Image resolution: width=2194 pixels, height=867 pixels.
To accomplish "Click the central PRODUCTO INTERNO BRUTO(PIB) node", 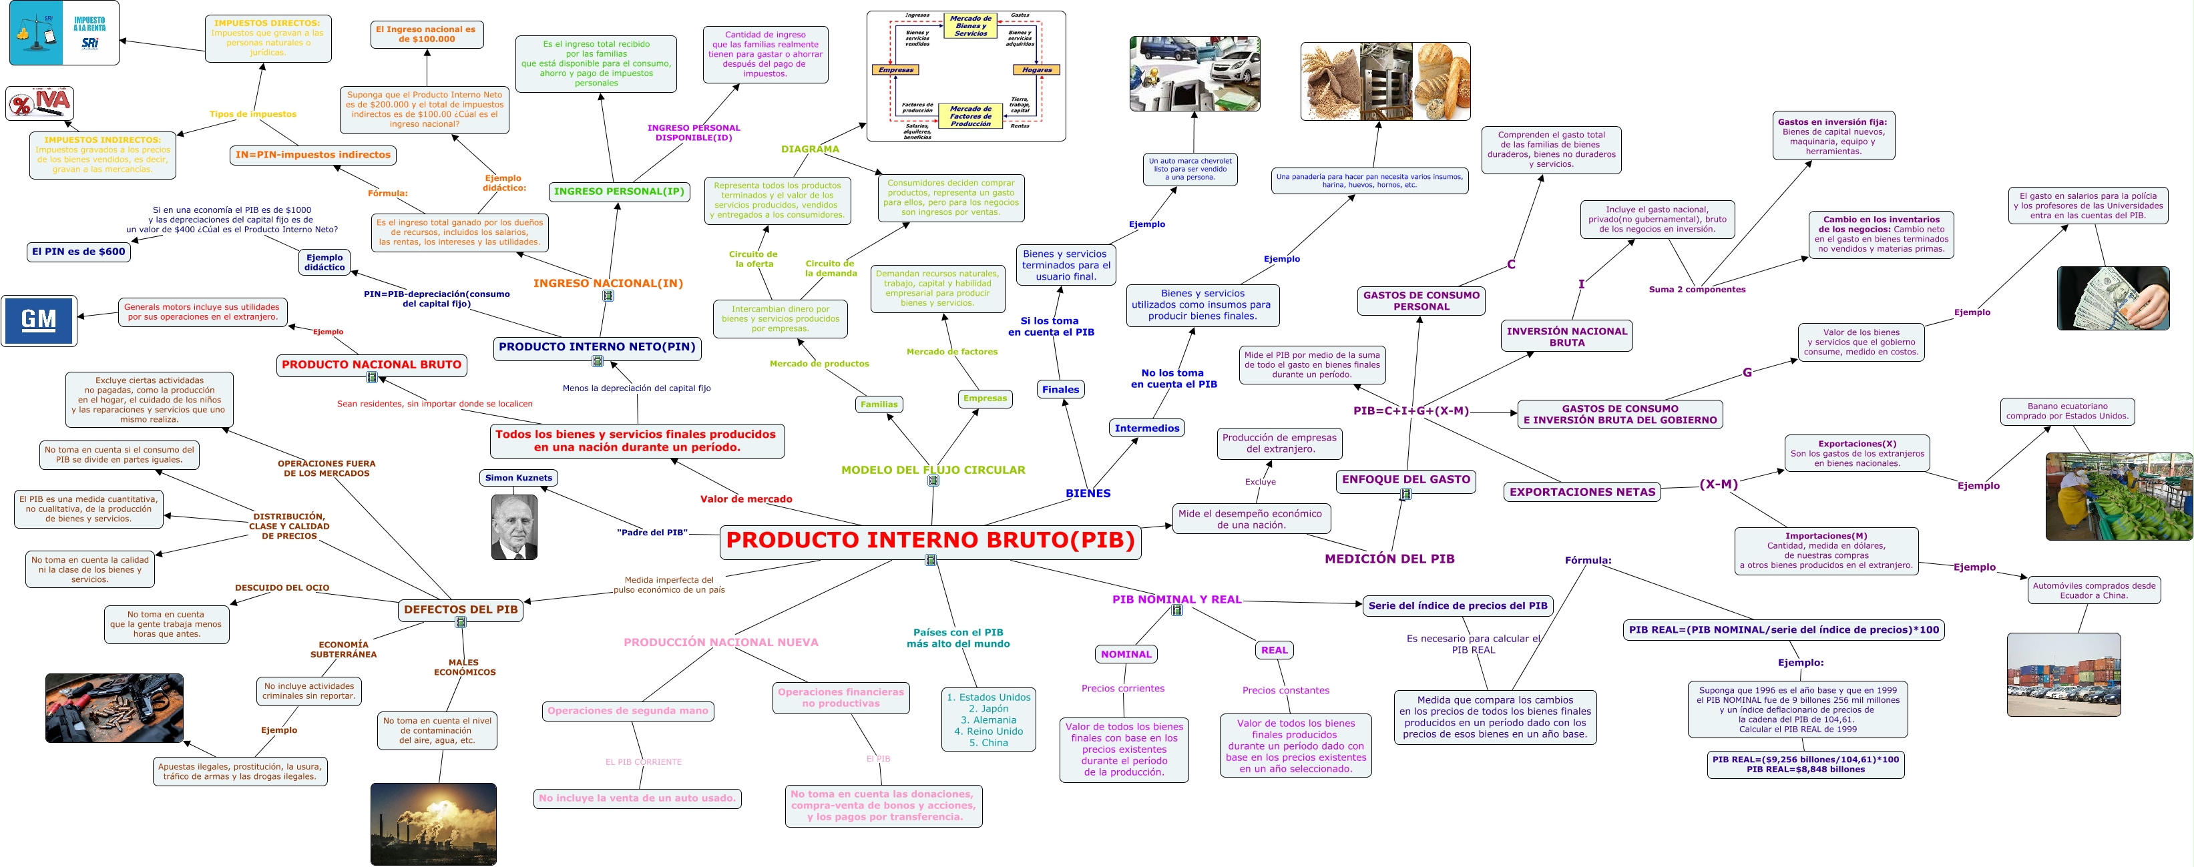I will (x=930, y=541).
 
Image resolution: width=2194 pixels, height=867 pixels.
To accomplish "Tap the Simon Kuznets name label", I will (x=518, y=478).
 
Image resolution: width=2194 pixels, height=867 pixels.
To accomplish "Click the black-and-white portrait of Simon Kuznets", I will (x=514, y=527).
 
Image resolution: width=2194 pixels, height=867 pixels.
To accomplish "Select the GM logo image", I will (x=39, y=320).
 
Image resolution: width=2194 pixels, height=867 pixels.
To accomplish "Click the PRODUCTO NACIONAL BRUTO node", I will (x=371, y=364).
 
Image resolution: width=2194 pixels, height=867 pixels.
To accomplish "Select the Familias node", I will (x=878, y=404).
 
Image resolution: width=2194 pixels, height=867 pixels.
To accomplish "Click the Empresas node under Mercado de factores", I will (x=985, y=398).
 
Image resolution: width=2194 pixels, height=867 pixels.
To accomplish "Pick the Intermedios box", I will (x=1146, y=428).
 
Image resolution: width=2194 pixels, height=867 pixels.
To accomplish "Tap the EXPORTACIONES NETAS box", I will (x=1582, y=493).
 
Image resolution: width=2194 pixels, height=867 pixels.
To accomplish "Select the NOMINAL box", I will (x=1125, y=654).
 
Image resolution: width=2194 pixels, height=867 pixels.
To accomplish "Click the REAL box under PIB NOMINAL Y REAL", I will (x=1274, y=650).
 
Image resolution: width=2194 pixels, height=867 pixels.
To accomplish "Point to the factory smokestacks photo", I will (x=433, y=824).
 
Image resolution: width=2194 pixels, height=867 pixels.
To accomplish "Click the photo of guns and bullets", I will (x=114, y=707).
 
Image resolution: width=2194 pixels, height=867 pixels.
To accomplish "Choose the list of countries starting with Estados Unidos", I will (x=988, y=719).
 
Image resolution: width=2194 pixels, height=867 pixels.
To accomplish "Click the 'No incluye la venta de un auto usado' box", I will (x=637, y=799).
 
